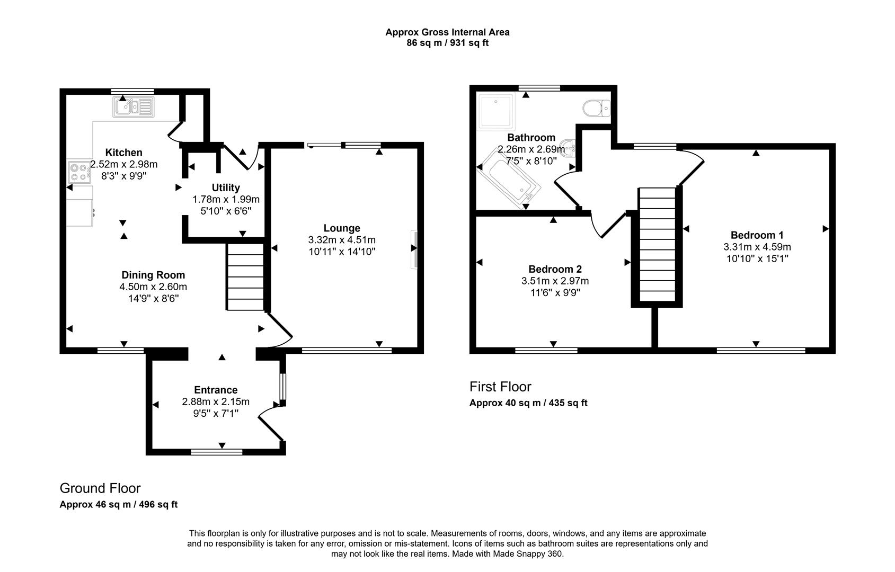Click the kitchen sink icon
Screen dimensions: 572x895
[133, 107]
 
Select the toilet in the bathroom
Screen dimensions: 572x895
[596, 109]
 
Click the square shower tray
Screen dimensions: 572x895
[497, 112]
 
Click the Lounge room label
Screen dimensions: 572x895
[342, 228]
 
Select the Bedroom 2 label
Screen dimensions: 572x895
[555, 269]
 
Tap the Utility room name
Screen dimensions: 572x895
[226, 187]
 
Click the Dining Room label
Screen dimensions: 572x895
[153, 275]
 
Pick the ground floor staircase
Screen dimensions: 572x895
[245, 277]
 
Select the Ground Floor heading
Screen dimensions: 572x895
[100, 488]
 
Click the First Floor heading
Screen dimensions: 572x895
[500, 387]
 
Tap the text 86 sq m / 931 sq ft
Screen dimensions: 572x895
[447, 43]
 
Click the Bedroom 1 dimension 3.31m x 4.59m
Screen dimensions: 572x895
[757, 247]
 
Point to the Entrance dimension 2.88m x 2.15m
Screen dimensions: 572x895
[216, 401]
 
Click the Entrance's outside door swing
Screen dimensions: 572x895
[272, 422]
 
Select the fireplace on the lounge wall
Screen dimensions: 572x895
[414, 249]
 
